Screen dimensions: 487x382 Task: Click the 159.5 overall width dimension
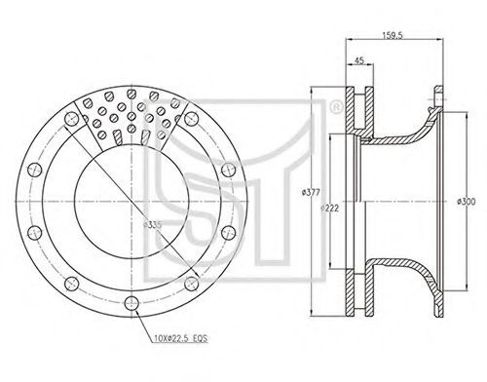(x=393, y=35)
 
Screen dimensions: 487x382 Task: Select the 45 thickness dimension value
(x=359, y=60)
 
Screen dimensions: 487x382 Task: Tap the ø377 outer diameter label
(x=311, y=193)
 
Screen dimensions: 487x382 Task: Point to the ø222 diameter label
(x=329, y=209)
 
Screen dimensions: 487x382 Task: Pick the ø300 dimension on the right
(x=467, y=202)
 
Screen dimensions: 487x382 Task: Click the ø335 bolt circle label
(x=152, y=225)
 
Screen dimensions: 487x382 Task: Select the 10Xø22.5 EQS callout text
(x=180, y=338)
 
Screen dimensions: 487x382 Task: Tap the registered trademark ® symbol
(x=336, y=107)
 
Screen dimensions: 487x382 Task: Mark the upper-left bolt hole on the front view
(x=72, y=120)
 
